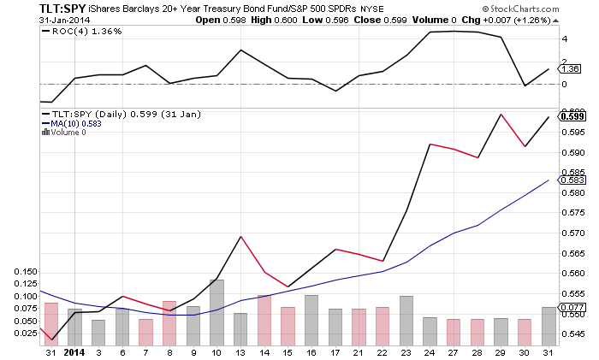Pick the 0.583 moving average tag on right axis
pos(571,180)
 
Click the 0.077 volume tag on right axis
pos(571,307)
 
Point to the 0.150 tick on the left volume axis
pos(26,272)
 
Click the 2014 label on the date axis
pos(74,351)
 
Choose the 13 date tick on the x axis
pos(240,351)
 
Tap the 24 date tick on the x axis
pos(430,351)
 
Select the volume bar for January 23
pos(406,319)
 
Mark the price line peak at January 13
pos(240,236)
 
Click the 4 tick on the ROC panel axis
pos(564,38)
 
